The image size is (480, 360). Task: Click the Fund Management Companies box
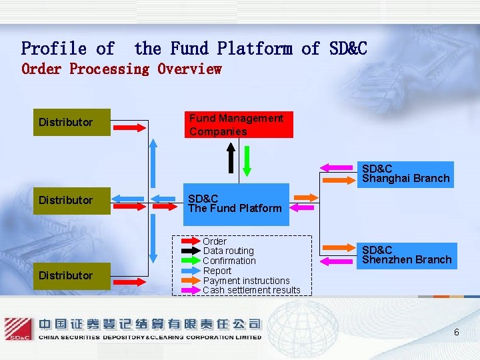pyautogui.click(x=238, y=125)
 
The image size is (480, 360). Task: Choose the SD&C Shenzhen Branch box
pyautogui.click(x=406, y=255)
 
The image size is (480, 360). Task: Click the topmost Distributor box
pyautogui.click(x=72, y=123)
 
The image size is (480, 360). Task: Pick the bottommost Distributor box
pyautogui.click(x=72, y=275)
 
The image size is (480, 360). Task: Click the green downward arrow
pyautogui.click(x=247, y=159)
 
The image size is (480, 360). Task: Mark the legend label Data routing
pyautogui.click(x=228, y=251)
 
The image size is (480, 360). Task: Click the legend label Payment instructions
pyautogui.click(x=246, y=281)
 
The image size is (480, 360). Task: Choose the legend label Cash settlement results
pyautogui.click(x=251, y=290)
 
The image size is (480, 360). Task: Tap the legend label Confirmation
pyautogui.click(x=229, y=261)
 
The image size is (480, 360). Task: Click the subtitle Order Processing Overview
pyautogui.click(x=121, y=69)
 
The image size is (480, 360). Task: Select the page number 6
pyautogui.click(x=457, y=332)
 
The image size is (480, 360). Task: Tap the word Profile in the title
pyautogui.click(x=54, y=49)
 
